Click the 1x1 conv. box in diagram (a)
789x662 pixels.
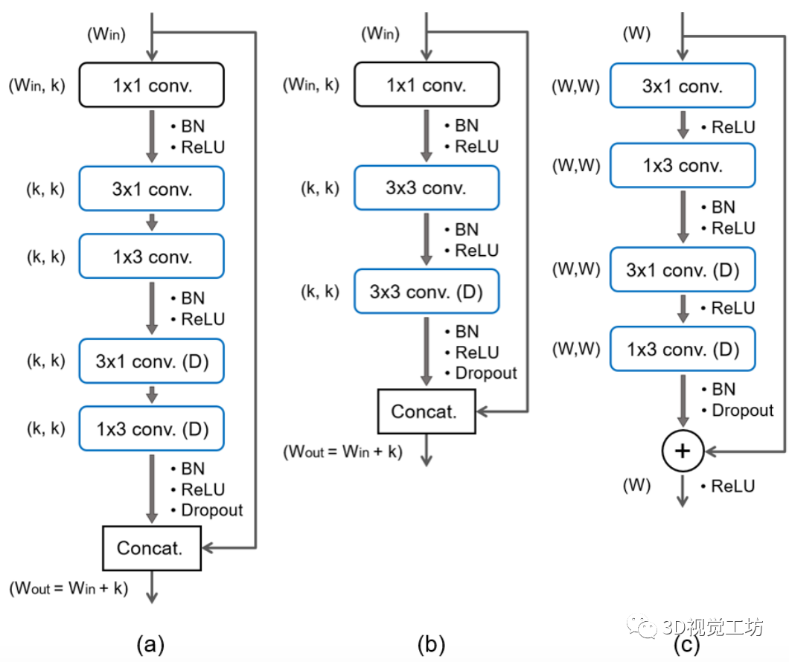152,86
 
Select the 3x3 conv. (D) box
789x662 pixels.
426,292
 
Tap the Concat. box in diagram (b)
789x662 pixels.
425,411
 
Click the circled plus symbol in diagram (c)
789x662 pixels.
683,451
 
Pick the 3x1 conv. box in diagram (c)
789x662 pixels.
683,86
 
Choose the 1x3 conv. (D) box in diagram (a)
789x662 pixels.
152,428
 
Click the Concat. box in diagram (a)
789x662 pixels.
151,549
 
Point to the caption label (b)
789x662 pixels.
427,643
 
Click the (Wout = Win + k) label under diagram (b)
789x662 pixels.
342,451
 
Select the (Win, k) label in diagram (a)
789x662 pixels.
37,86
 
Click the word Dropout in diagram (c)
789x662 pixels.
742,410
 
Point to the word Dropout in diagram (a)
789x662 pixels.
211,510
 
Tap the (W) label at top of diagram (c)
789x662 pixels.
636,33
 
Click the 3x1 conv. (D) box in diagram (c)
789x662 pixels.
683,269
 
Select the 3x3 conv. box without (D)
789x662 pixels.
426,187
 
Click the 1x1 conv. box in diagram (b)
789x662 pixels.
426,86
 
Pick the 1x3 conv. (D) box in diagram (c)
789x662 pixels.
683,348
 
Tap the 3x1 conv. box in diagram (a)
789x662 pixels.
152,188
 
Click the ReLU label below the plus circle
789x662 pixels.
732,486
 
